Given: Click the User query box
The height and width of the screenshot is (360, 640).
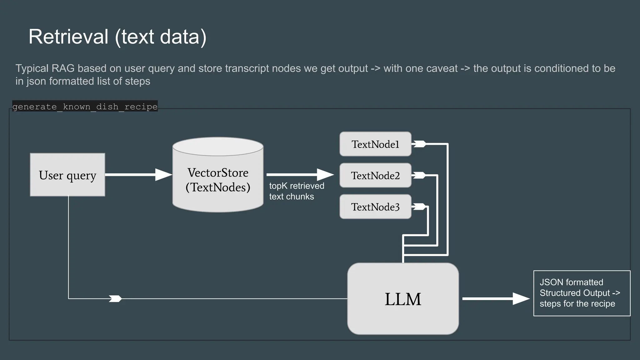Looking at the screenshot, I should coord(67,175).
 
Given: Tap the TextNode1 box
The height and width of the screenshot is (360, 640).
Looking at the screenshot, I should coord(375,144).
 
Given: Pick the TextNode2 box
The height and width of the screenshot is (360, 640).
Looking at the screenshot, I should coord(375,175).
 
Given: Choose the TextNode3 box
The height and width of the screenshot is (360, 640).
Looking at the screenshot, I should coord(375,207).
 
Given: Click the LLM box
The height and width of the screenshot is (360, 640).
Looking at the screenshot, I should coord(403,299).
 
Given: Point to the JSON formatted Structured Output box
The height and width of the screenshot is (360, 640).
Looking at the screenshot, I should coord(582,293).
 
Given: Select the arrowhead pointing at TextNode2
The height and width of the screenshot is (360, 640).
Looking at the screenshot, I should coord(325,175).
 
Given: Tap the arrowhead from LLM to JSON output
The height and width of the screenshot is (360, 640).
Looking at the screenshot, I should coord(521,299).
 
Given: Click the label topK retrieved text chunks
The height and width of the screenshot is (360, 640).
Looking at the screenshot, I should coord(296,191).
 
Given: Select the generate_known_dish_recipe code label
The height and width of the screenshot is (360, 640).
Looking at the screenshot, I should coord(85,107).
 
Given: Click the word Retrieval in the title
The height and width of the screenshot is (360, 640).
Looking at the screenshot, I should coord(68,37).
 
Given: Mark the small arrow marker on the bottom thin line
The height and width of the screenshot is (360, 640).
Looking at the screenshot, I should coord(115,299).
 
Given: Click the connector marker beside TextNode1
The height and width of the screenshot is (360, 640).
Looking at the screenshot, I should coord(419,144).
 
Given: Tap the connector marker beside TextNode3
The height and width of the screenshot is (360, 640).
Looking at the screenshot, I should coord(419,207).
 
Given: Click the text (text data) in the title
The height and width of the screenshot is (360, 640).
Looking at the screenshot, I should coord(161,37).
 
